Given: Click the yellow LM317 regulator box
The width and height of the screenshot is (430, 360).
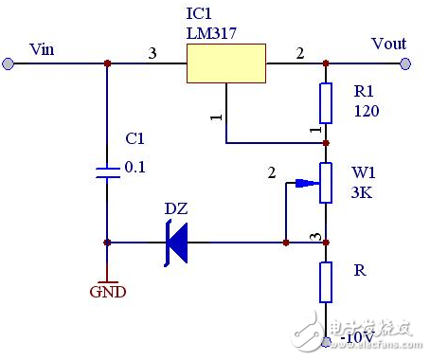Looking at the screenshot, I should [x=225, y=64].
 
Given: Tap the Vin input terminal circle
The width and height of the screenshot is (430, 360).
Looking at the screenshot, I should [x=9, y=63].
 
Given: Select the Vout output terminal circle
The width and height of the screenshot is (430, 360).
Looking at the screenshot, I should [x=406, y=63].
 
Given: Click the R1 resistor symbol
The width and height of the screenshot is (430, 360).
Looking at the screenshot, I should [x=326, y=103].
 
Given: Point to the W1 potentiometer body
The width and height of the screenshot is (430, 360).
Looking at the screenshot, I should [x=326, y=182].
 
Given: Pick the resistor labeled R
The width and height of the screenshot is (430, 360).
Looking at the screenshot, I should [x=326, y=280].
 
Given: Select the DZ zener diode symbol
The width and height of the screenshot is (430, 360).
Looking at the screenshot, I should [x=176, y=243].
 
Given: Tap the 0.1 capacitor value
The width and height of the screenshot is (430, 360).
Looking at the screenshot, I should [x=137, y=167].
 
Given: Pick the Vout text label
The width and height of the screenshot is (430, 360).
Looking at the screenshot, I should [x=387, y=44].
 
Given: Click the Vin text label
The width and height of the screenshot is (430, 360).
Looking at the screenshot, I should [x=44, y=47].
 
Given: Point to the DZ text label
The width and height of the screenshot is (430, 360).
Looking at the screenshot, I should [x=176, y=208].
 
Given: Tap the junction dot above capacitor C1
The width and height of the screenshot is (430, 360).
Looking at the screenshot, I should [x=107, y=63].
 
